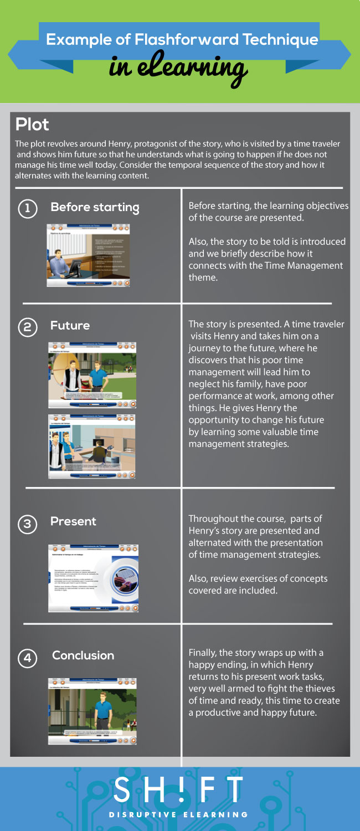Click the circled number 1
coord(28,208)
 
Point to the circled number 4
coord(28,658)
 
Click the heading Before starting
coord(95,208)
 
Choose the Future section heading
coord(70,326)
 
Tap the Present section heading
coord(73,522)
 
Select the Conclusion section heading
coord(83,655)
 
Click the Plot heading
coord(32,124)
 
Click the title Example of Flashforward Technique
coord(182,40)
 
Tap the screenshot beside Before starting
coord(89,255)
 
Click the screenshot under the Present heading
coord(93,578)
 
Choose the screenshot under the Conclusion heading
coord(92,711)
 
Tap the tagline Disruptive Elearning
coord(178,814)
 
